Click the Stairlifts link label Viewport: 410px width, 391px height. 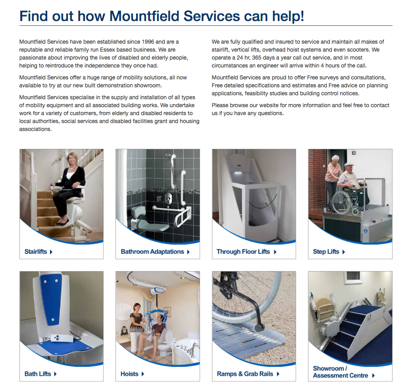coord(36,252)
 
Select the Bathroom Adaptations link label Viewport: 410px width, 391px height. coord(152,252)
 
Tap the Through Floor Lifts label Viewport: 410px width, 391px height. coord(243,252)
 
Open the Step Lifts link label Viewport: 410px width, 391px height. coord(326,252)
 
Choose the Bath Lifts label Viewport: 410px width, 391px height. coord(38,374)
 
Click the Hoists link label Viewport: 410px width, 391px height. coord(129,374)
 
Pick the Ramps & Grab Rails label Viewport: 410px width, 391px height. coord(245,374)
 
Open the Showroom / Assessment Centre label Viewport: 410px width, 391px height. coord(341,372)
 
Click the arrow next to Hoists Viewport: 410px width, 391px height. coord(143,374)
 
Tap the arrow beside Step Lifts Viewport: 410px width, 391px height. coord(344,252)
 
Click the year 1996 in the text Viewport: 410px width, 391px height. coord(148,42)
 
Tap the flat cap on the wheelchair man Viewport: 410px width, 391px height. coord(348,165)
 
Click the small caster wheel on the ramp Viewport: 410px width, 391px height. coord(260,328)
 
